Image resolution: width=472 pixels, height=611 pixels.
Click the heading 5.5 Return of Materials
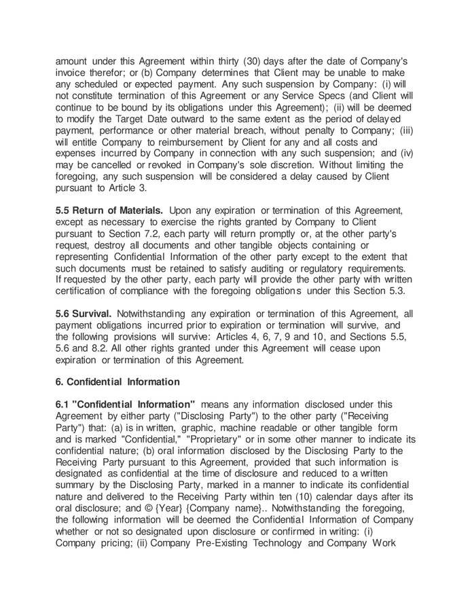coord(109,210)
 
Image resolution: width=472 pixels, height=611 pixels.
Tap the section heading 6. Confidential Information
coord(117,382)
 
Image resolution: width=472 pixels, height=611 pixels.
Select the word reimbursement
coord(185,142)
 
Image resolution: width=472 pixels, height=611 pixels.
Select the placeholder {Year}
coord(187,508)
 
